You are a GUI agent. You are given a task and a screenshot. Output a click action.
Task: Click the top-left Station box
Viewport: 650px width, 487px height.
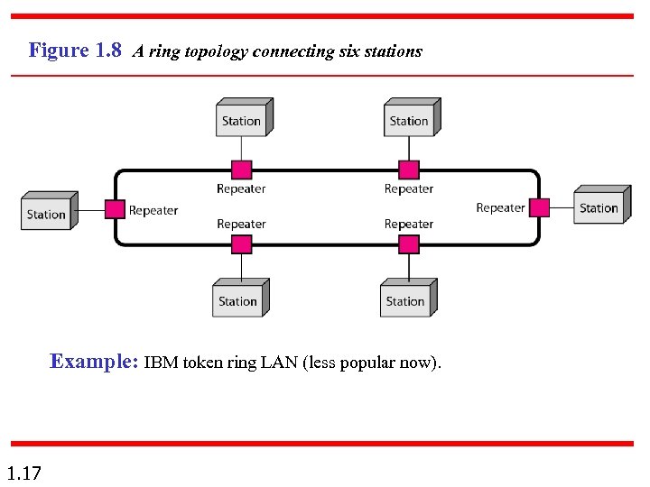pyautogui.click(x=242, y=119)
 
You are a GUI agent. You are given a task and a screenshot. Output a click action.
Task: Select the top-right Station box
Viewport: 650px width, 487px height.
pyautogui.click(x=410, y=119)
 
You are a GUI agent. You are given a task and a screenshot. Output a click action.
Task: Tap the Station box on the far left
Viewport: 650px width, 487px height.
pyautogui.click(x=47, y=213)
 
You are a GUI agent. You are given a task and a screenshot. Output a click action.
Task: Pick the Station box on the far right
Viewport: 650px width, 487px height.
pyautogui.click(x=599, y=207)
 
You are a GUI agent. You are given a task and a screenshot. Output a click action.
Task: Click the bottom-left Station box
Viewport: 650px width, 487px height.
pyautogui.click(x=239, y=299)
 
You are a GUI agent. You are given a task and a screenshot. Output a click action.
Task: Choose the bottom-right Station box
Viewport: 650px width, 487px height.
pyautogui.click(x=406, y=299)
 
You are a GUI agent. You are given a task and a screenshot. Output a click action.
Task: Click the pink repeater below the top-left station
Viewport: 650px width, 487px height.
pyautogui.click(x=242, y=170)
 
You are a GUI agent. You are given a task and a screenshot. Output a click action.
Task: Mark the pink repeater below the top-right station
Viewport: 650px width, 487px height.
pyautogui.click(x=409, y=170)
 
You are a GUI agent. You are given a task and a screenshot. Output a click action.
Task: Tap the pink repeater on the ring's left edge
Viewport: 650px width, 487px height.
pyautogui.click(x=115, y=209)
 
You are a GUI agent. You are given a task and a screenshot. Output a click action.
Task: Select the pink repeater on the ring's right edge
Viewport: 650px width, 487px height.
pyautogui.click(x=539, y=207)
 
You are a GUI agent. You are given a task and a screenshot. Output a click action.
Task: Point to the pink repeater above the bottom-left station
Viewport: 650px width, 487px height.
pyautogui.click(x=242, y=244)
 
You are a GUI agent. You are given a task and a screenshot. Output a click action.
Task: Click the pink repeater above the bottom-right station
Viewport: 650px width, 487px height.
pyautogui.click(x=409, y=244)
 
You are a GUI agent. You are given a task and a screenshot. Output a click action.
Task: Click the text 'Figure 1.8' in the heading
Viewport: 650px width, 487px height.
pyautogui.click(x=75, y=51)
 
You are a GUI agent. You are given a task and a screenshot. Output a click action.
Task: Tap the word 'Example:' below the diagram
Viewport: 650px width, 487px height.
pyautogui.click(x=94, y=363)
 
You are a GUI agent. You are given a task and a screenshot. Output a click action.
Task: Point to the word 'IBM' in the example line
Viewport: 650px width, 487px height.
pyautogui.click(x=161, y=363)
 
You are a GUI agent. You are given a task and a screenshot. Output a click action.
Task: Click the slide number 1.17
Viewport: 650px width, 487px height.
pyautogui.click(x=23, y=473)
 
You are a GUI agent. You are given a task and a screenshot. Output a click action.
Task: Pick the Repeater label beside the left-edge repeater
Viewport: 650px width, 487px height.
pyautogui.click(x=153, y=211)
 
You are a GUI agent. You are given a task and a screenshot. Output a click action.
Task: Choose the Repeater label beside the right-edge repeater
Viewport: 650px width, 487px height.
pyautogui.click(x=500, y=207)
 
